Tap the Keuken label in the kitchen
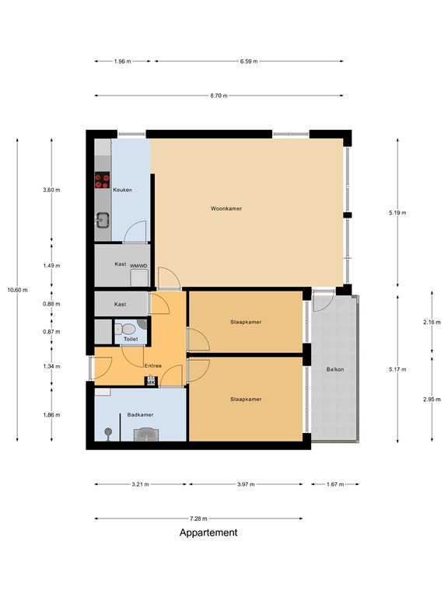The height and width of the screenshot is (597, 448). click(x=123, y=190)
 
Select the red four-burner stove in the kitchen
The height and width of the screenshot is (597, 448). click(x=102, y=181)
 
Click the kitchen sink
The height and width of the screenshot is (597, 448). click(x=102, y=218)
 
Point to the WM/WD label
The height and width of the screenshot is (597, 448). click(x=138, y=265)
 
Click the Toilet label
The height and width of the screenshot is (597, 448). click(x=130, y=339)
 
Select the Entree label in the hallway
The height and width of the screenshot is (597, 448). click(x=153, y=365)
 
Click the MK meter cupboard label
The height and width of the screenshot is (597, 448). click(x=149, y=382)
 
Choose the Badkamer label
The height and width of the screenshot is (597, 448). click(x=140, y=415)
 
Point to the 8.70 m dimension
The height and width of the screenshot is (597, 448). click(x=219, y=96)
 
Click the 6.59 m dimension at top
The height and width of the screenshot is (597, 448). click(x=249, y=61)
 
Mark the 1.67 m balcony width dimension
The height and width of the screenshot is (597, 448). click(x=334, y=484)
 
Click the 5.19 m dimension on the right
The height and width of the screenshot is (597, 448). click(x=397, y=212)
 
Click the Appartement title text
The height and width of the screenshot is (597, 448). click(x=208, y=533)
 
